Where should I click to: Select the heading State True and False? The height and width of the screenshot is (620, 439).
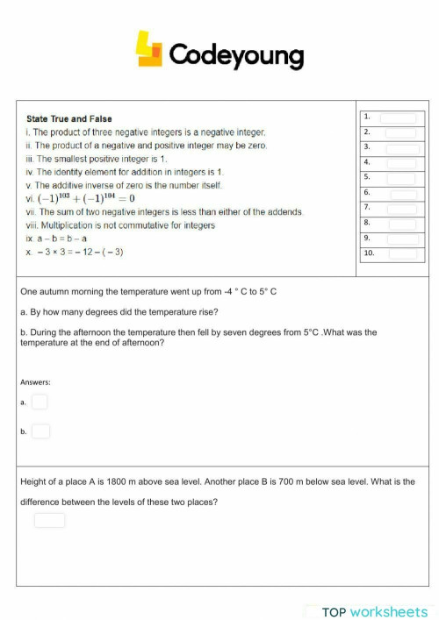coord(69,118)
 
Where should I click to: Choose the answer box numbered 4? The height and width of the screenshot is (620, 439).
coord(400,163)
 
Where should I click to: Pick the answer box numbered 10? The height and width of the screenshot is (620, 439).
coord(402,253)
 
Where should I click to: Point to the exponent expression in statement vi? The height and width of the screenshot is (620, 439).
coord(85,198)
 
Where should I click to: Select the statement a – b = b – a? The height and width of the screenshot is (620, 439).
coord(57,239)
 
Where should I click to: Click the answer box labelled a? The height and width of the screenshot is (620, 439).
coord(40,402)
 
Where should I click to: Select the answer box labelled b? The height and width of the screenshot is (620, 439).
coord(40,431)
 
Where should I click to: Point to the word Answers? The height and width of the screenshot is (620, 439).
coord(35,382)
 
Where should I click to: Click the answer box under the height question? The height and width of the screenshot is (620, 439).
coord(49,521)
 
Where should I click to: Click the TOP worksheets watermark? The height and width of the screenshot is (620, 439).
coord(374,611)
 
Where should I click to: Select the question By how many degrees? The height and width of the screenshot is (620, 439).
coord(119,311)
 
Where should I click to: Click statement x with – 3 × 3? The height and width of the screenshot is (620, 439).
coord(75,253)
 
